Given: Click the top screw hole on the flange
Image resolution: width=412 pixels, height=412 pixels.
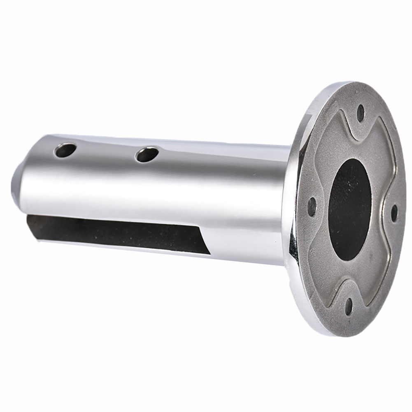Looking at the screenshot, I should tap(361, 111).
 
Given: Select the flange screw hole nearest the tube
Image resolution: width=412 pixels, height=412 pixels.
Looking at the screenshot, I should tap(312, 205).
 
